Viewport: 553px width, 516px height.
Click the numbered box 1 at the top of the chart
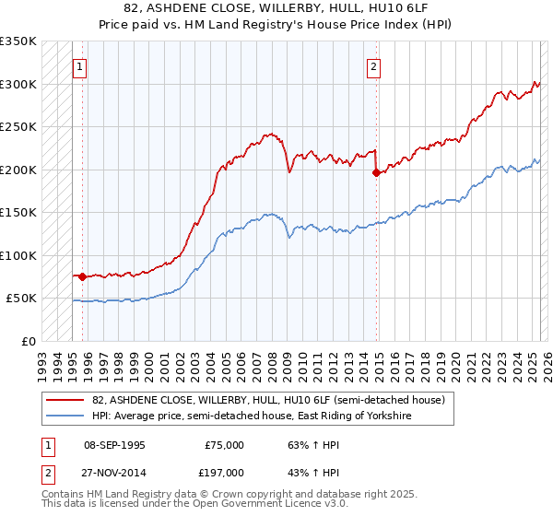pos(80,66)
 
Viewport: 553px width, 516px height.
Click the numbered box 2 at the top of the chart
pos(374,66)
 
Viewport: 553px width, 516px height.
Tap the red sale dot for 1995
pos(82,276)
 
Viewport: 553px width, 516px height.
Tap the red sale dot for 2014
pos(376,172)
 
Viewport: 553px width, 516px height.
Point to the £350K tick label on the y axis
pos(18,41)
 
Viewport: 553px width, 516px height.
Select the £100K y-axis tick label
pos(18,255)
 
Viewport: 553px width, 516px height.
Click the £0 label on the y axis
pos(28,341)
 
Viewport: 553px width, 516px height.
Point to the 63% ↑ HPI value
pos(300,444)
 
